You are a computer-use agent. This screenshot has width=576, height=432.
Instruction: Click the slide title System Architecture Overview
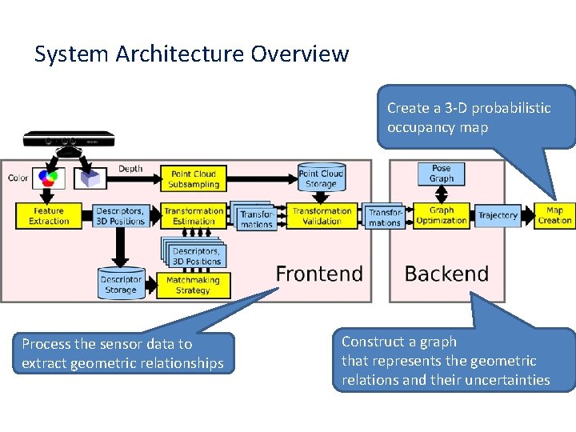tap(192, 54)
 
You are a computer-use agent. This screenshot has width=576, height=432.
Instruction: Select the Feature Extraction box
tap(49, 216)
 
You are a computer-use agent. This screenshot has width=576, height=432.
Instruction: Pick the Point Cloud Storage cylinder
tap(321, 178)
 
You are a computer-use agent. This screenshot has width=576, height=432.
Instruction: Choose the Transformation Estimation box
tap(194, 216)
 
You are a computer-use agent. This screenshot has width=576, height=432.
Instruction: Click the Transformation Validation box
tap(322, 216)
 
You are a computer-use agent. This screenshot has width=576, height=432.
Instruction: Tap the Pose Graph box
tap(441, 174)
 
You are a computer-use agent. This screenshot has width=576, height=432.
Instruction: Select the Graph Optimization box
tap(441, 215)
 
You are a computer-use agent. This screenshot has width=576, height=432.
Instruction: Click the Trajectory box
tap(498, 216)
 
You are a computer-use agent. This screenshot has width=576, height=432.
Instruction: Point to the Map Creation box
tap(554, 216)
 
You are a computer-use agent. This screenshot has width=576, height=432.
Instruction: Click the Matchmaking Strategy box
tap(193, 286)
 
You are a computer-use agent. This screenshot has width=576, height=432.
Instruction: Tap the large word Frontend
tap(319, 274)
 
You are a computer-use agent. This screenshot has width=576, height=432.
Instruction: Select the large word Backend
tap(446, 274)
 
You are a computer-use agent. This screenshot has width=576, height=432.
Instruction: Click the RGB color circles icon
tap(49, 178)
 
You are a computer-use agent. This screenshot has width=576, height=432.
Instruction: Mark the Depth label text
tap(130, 169)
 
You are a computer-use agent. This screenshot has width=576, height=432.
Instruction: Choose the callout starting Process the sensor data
tap(123, 354)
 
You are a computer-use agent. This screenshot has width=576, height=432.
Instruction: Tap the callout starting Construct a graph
tap(453, 360)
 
